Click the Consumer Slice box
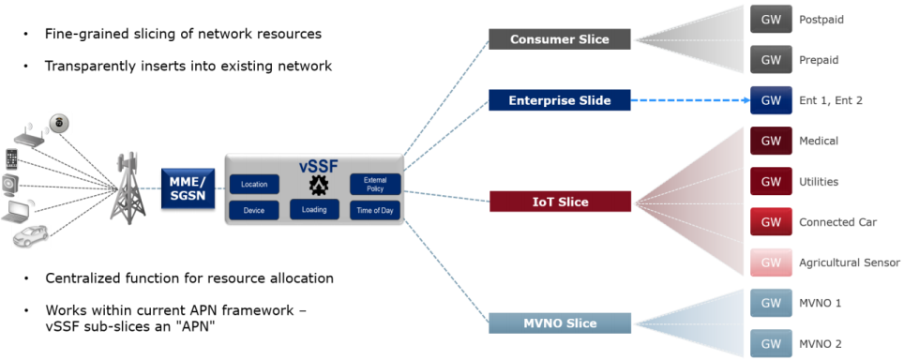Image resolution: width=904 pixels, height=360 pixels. (x=559, y=39)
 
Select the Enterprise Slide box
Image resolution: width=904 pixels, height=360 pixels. (x=559, y=100)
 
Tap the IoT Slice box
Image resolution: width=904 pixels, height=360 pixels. (x=559, y=202)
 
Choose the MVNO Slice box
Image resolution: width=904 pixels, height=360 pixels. (x=559, y=323)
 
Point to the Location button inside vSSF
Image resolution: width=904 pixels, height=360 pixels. (x=254, y=184)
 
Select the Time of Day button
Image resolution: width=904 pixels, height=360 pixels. (x=375, y=210)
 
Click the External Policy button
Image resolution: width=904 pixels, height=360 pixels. (x=375, y=183)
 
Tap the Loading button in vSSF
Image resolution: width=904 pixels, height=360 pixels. (x=314, y=210)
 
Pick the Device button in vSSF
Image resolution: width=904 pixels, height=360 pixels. (x=254, y=210)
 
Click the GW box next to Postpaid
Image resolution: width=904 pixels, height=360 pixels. (x=771, y=20)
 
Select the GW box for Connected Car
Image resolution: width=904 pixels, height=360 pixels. (x=771, y=222)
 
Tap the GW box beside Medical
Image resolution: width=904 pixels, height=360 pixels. (x=771, y=141)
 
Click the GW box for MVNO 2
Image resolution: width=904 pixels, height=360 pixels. (x=771, y=343)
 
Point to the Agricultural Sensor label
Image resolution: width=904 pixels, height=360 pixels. (x=849, y=262)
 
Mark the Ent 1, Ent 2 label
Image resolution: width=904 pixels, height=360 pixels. (x=831, y=100)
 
